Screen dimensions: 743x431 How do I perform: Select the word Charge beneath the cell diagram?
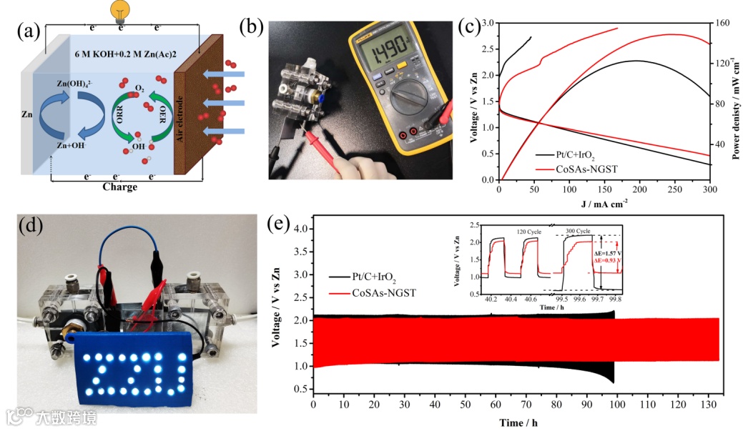[x=119, y=187]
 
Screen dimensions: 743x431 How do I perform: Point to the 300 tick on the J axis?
[x=709, y=189]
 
